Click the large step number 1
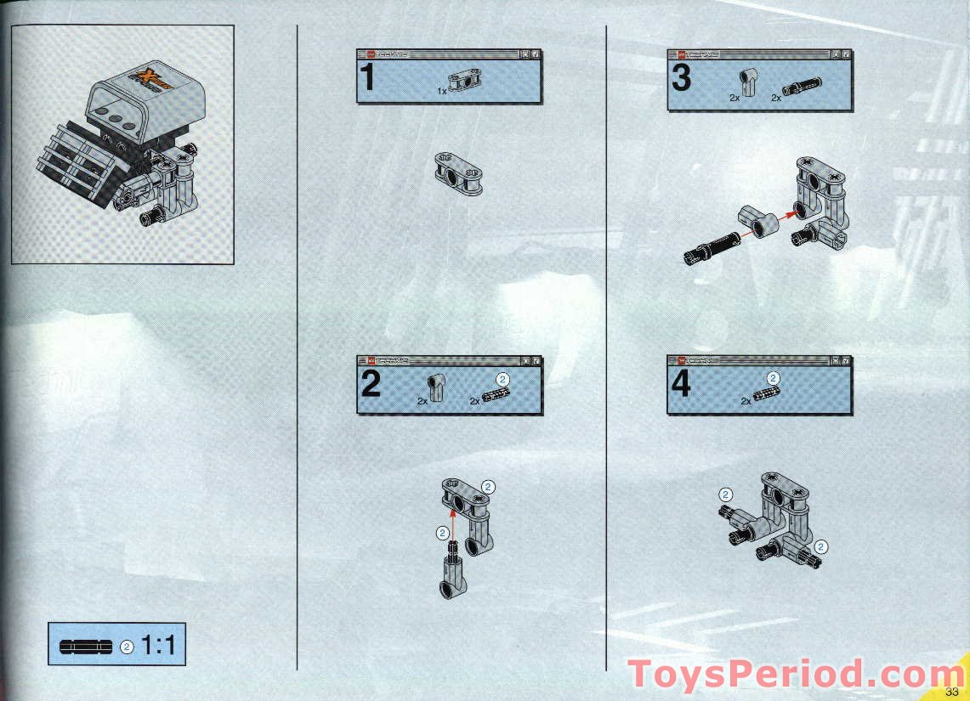click(367, 78)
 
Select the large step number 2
click(370, 385)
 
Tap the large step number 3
click(681, 78)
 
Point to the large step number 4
click(681, 385)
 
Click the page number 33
click(951, 691)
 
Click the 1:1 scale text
click(158, 646)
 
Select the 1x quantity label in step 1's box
click(441, 90)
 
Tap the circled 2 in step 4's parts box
click(773, 378)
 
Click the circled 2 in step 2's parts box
click(502, 378)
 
